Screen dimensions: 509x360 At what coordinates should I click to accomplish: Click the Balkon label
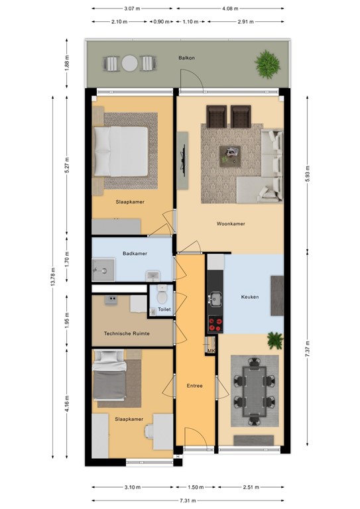point(186,58)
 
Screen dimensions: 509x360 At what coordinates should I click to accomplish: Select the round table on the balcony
point(129,64)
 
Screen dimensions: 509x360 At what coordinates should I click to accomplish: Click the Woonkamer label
point(231,224)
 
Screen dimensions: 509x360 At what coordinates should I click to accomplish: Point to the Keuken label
point(250,298)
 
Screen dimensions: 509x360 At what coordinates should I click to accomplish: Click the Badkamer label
point(135,253)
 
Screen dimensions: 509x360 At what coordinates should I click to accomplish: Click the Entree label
point(195,386)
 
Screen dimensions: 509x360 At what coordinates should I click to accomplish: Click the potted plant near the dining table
point(275,341)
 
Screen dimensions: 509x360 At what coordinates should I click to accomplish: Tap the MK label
point(211,351)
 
